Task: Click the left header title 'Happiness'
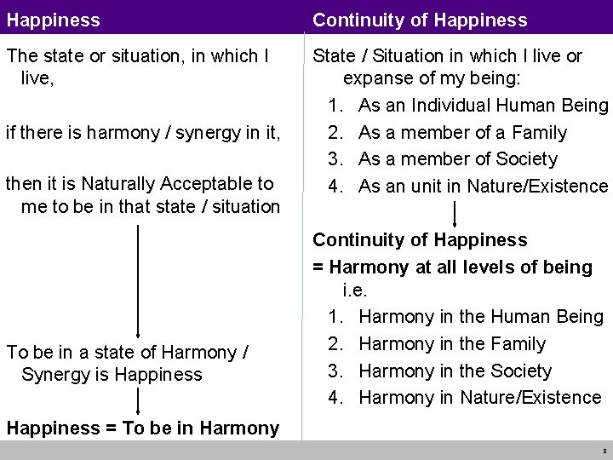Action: [x=53, y=20]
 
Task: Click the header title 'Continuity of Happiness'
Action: [x=420, y=20]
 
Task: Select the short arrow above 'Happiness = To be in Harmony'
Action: [x=139, y=401]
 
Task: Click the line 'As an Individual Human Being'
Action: [x=483, y=106]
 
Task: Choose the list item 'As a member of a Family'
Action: [x=463, y=132]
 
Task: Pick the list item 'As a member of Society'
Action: [x=458, y=159]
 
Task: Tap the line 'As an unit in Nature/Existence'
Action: [x=483, y=186]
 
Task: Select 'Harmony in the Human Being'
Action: [x=480, y=317]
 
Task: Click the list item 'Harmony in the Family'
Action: [x=451, y=343]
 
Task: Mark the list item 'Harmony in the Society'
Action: [x=455, y=371]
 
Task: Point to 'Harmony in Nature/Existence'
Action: [x=480, y=397]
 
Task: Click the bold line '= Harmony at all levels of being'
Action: [x=453, y=267]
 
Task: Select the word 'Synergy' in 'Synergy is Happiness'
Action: [x=54, y=374]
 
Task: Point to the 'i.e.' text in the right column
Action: [x=354, y=290]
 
